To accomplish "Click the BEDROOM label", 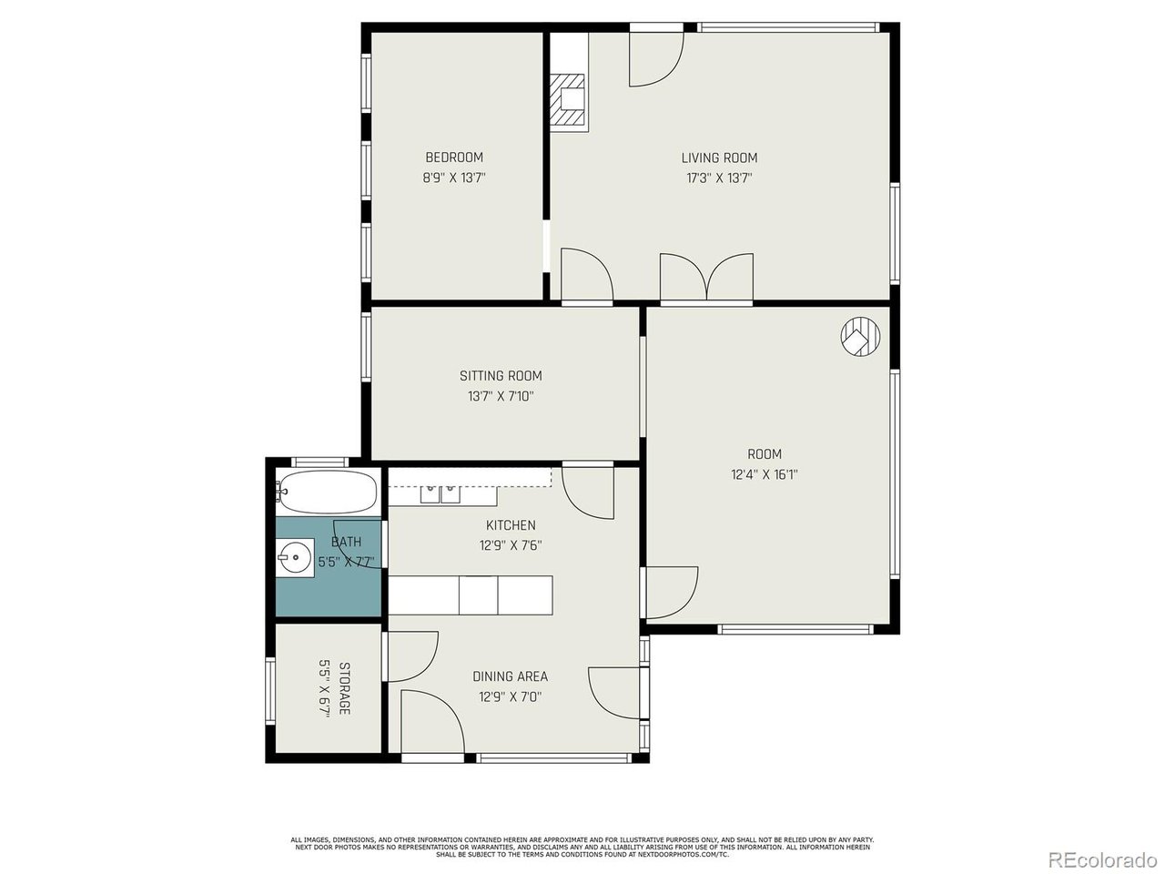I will [x=453, y=158].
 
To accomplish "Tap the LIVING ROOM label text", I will [x=719, y=158].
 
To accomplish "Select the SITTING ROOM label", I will [x=501, y=375].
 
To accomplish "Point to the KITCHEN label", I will [x=510, y=525].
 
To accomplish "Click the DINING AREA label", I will [x=510, y=676].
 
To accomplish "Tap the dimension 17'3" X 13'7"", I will [x=719, y=179].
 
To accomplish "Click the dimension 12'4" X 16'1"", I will [x=765, y=474].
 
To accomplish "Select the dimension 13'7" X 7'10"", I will [x=501, y=397].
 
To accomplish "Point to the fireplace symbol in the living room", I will [x=570, y=99].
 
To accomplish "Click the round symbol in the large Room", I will [x=860, y=336].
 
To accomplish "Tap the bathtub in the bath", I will [x=328, y=493].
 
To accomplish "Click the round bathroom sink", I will [x=294, y=555].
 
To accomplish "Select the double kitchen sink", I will [x=441, y=494].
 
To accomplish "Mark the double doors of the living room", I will [x=706, y=278].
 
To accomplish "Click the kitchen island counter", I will [x=471, y=595].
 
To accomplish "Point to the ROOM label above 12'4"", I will [x=765, y=453].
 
